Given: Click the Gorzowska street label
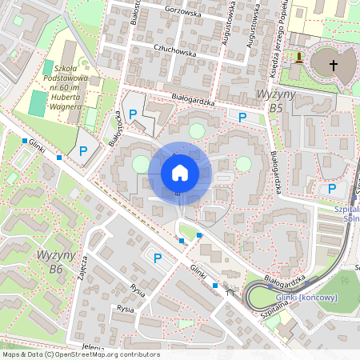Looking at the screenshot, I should coord(182,11).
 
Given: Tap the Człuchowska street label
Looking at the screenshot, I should coord(174,51).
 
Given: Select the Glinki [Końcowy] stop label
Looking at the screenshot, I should coord(306,298).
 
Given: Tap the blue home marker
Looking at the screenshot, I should coord(179,172).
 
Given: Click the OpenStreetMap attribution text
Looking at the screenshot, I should coord(81,354).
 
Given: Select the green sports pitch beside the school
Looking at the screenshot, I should coord(38,103).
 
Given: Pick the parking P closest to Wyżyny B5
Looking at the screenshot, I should coord(242,118).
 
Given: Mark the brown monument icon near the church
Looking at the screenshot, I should coord(298,58).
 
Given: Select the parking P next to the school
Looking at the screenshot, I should coord(82,151).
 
